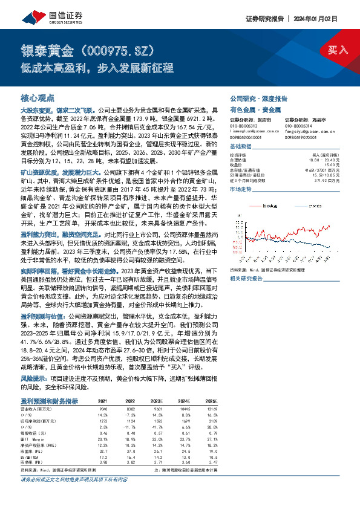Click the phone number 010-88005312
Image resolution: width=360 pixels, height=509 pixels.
tap(242, 126)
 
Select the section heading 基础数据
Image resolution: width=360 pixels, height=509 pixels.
tap(241, 148)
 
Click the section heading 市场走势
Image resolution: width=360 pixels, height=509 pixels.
tap(241, 189)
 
